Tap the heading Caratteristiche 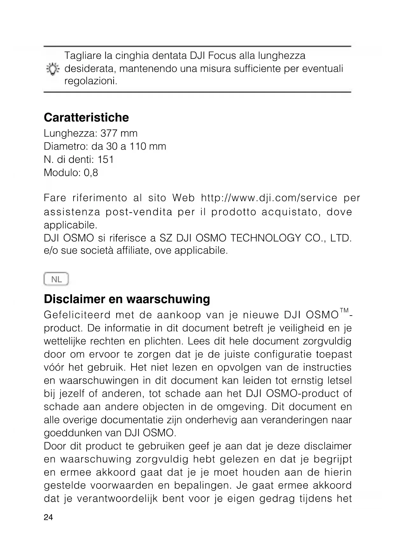(86, 117)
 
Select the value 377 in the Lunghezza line (108, 133)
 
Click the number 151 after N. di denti (105, 159)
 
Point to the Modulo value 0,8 (91, 173)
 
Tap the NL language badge (56, 279)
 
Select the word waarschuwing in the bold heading (168, 299)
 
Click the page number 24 (48, 517)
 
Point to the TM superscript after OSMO (344, 310)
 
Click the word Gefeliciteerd (77, 315)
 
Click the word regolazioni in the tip (90, 81)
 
